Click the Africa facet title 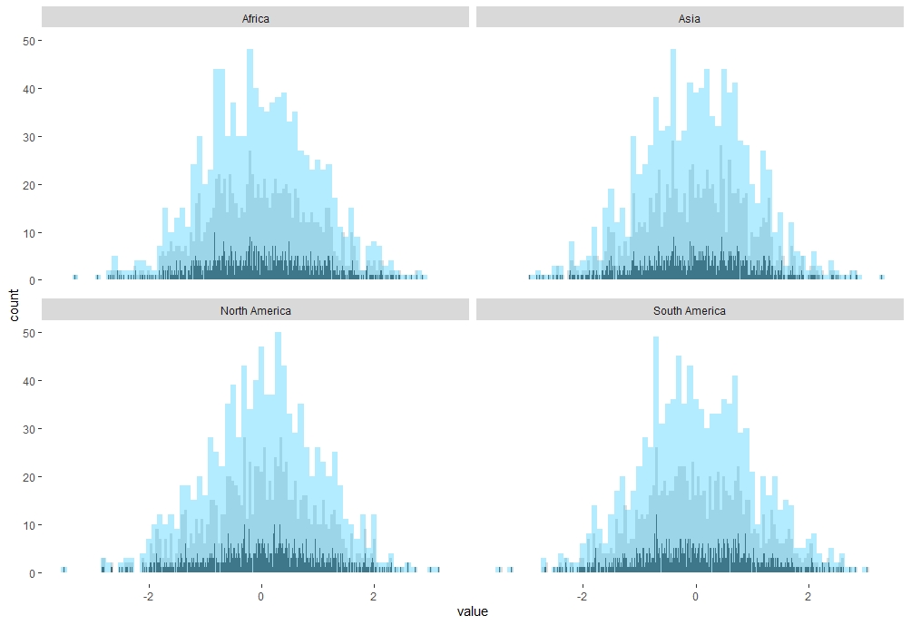tap(255, 18)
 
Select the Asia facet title tap(690, 18)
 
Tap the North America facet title tap(255, 311)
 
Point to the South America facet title tap(690, 311)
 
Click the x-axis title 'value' tap(473, 611)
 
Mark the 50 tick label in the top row tap(29, 41)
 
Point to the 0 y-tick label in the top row tap(33, 280)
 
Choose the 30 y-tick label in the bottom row tap(29, 429)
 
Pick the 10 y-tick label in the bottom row tap(29, 525)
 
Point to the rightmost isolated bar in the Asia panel tap(882, 277)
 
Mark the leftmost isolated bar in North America tap(64, 570)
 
